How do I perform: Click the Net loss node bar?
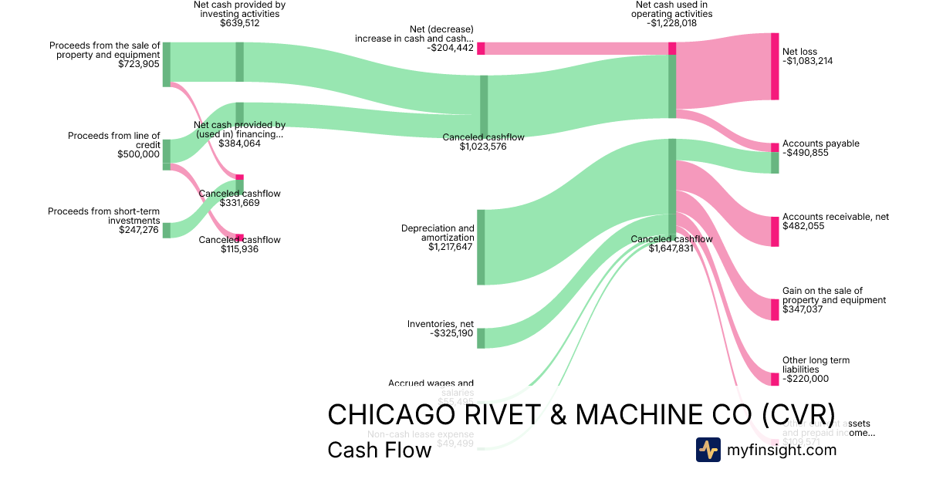(x=775, y=66)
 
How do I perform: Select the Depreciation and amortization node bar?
(x=481, y=247)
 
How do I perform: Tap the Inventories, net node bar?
(x=481, y=338)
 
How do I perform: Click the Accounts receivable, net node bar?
(x=775, y=231)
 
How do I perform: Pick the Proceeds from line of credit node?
(x=166, y=151)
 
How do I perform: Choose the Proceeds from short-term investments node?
(x=166, y=230)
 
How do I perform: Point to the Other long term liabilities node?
(x=775, y=379)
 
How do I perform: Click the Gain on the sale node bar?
(x=775, y=309)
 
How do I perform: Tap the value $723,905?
(x=139, y=65)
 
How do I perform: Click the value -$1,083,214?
(x=808, y=61)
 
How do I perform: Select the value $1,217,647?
(x=451, y=247)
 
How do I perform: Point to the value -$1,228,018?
(x=671, y=23)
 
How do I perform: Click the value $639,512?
(x=239, y=23)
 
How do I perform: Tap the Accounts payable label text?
(x=820, y=143)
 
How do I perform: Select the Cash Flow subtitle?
(x=379, y=450)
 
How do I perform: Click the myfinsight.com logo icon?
(x=708, y=450)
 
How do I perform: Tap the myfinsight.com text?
(x=782, y=450)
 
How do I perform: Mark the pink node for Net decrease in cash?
(x=481, y=49)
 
